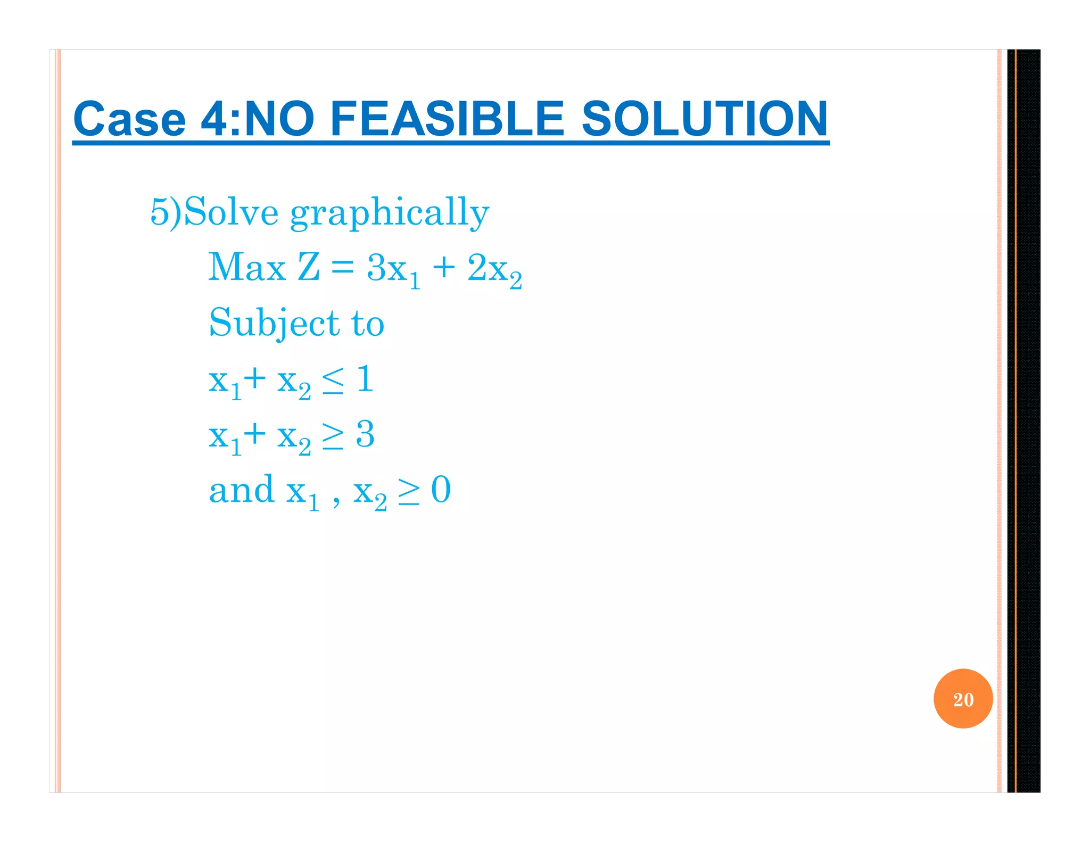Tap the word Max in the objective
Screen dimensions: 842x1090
click(246, 267)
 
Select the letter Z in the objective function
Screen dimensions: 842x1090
click(309, 267)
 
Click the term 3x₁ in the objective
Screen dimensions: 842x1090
click(393, 269)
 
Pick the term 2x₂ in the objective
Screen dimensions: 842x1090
click(494, 269)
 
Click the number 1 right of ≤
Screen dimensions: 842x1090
click(365, 379)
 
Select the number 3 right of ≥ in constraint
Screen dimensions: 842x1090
click(365, 434)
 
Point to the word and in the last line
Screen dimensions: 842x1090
click(241, 490)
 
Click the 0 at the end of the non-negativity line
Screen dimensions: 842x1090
click(441, 490)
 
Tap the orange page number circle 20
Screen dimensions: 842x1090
click(963, 698)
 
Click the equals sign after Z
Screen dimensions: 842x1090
click(342, 268)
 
